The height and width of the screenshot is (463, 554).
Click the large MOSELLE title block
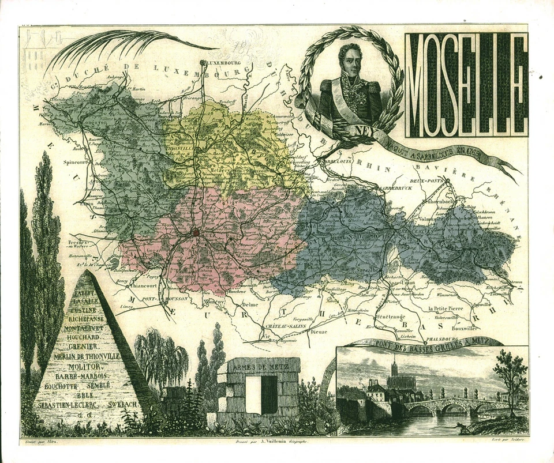[466, 85]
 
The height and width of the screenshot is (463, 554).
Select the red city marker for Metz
[196, 232]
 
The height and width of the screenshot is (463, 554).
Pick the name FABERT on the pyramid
[85, 293]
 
